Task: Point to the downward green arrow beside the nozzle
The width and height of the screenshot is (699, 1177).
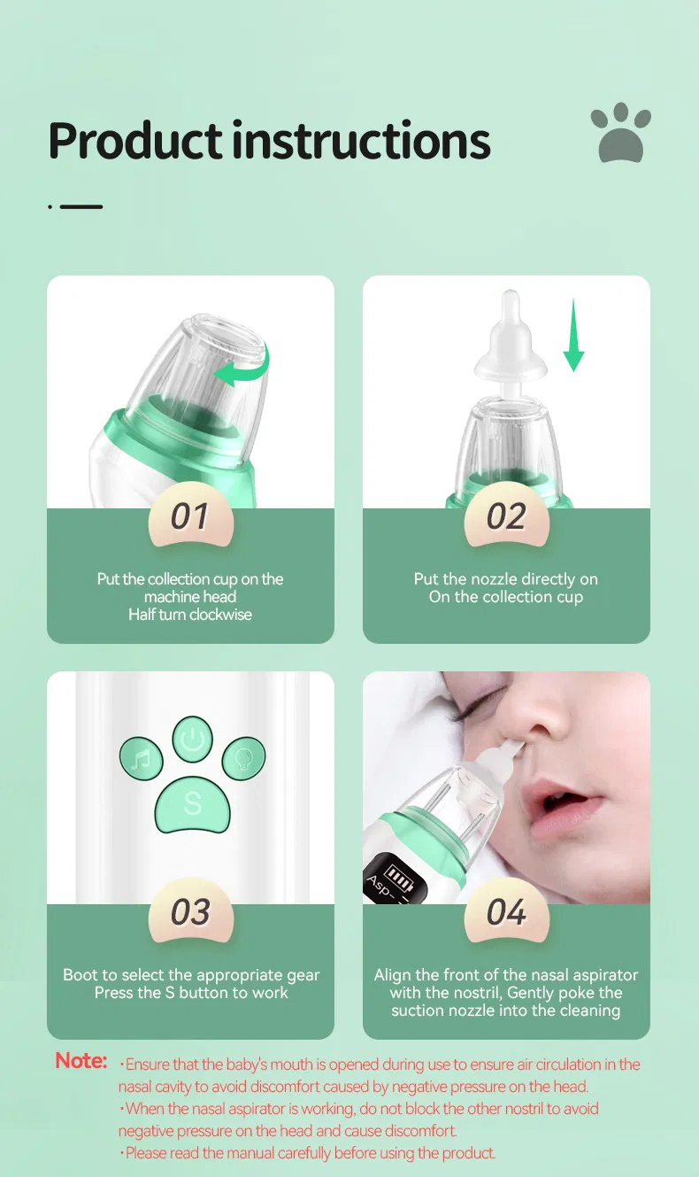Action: point(574,336)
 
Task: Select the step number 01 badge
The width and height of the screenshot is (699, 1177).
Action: point(189,516)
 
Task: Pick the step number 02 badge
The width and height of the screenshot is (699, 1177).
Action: point(506,516)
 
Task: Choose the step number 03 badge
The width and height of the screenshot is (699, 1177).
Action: point(189,912)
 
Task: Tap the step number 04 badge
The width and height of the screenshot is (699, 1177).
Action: point(506,912)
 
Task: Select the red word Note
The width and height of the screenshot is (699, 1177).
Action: point(81,1061)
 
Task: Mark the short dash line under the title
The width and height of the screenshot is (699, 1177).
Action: point(81,206)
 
